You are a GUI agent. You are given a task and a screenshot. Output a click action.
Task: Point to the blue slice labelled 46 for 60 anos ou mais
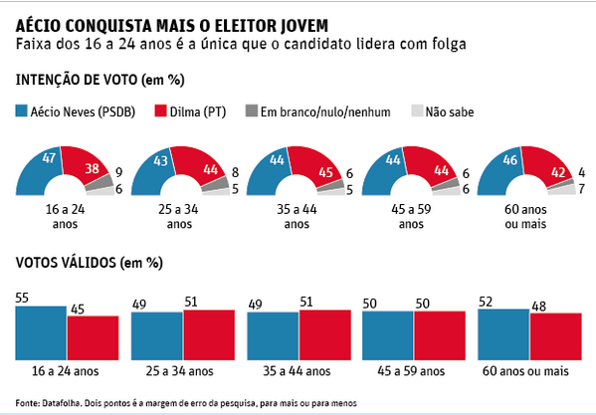pyautogui.click(x=501, y=165)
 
